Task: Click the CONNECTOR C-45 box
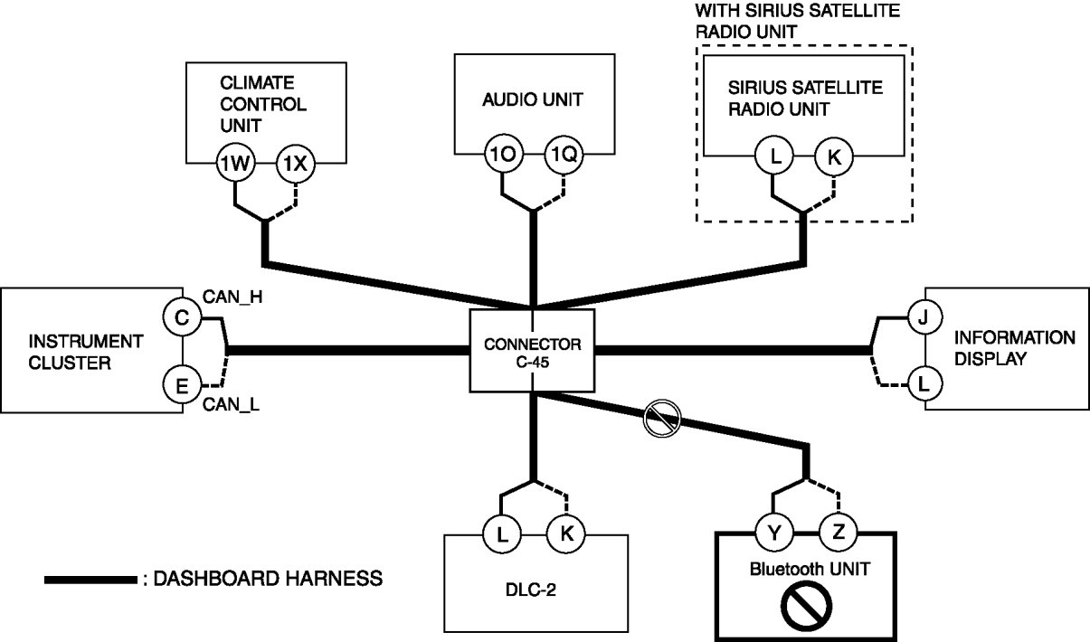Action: click(x=532, y=351)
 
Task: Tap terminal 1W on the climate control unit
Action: click(x=235, y=163)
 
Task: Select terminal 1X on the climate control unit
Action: click(x=295, y=163)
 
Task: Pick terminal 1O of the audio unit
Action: click(x=501, y=155)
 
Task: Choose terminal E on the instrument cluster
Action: click(x=182, y=386)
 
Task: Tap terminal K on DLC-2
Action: click(x=566, y=533)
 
